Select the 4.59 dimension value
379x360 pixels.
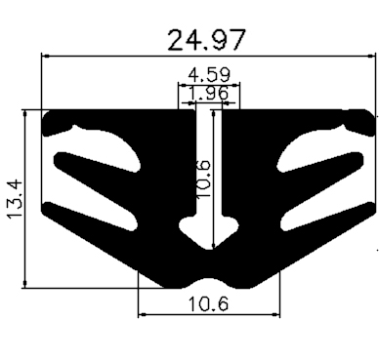pos(208,74)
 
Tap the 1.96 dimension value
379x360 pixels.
pos(207,93)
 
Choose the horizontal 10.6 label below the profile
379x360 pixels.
pos(207,303)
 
